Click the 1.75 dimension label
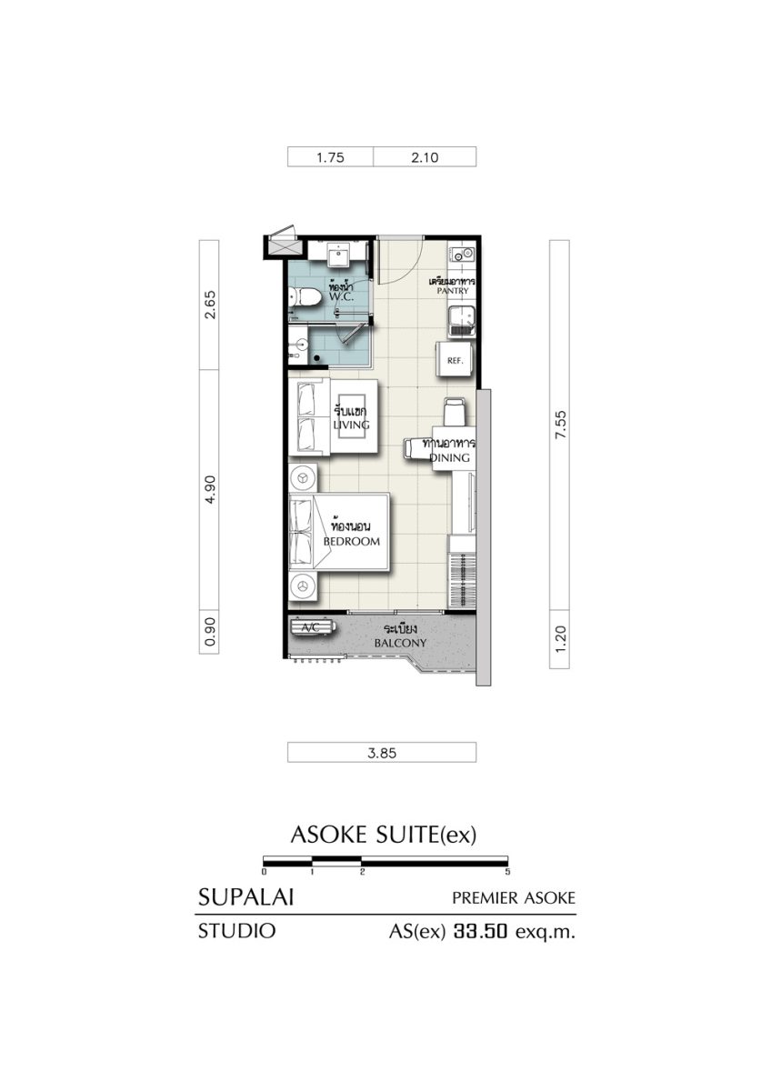coord(330,157)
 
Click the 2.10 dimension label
coord(425,157)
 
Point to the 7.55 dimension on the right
coord(561,425)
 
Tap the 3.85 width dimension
coord(382,753)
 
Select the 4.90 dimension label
coord(210,489)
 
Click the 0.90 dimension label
coord(210,632)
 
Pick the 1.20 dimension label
coord(561,639)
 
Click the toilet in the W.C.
coord(303,296)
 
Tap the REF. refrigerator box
coord(454,358)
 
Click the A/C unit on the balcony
coord(314,627)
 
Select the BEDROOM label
coord(352,541)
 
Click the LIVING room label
coord(351,425)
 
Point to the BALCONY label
coord(400,643)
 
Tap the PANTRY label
coord(453,291)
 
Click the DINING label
coord(450,457)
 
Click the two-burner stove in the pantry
coord(462,254)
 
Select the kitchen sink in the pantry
coord(461,321)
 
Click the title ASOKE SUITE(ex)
coord(383,835)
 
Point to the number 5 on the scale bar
coord(507,872)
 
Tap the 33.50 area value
coord(481,932)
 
